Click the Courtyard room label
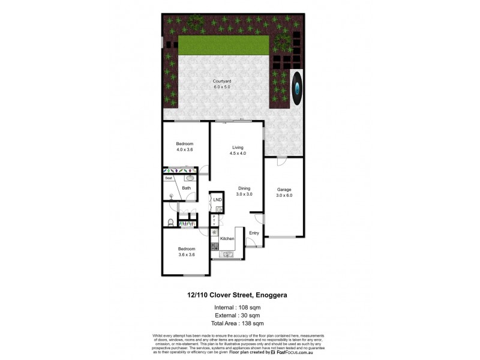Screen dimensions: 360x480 click(221, 82)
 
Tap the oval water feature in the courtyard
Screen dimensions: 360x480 click(298, 86)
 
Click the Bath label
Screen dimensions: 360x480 click(187, 188)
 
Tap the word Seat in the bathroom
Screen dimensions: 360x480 click(169, 178)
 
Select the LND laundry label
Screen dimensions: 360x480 click(217, 200)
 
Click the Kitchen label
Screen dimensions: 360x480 click(227, 239)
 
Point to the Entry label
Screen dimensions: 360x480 click(254, 233)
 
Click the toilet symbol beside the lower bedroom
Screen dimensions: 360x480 click(170, 223)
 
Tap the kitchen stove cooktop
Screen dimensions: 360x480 click(214, 245)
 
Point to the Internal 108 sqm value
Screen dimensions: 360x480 click(253, 307)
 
